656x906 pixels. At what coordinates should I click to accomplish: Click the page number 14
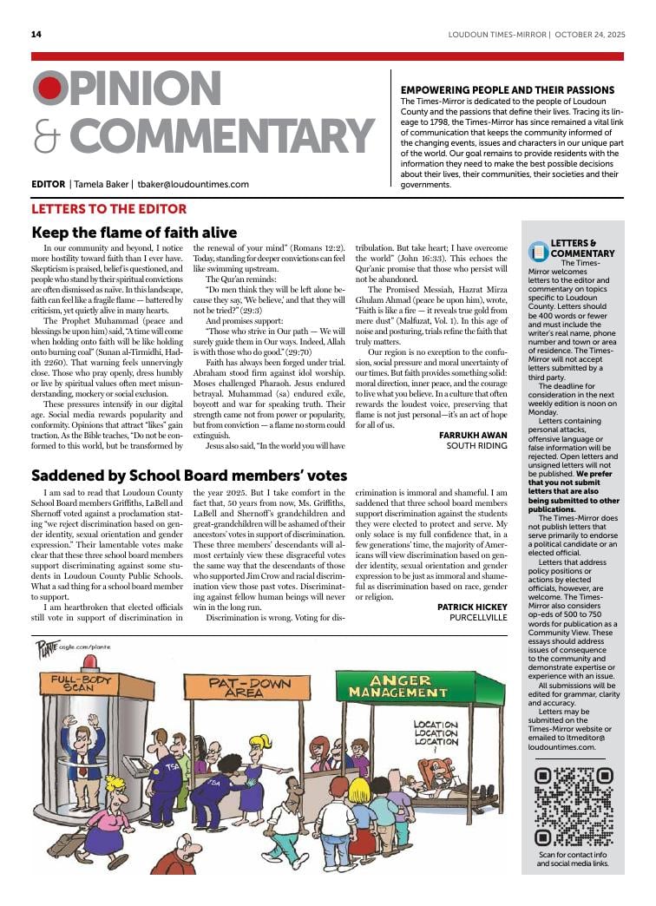tap(36, 35)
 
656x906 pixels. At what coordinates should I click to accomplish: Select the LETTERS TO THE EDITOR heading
tap(108, 209)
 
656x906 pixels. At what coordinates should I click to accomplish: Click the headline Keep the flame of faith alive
tap(134, 233)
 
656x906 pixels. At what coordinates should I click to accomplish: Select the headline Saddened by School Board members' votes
tap(189, 476)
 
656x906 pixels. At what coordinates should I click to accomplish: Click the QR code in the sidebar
tap(574, 806)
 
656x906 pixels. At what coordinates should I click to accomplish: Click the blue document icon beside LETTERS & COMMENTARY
tap(538, 252)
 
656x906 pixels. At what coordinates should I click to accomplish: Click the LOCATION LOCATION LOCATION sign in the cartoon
tap(435, 733)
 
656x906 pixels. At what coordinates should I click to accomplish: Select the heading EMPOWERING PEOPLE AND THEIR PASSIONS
tap(507, 90)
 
